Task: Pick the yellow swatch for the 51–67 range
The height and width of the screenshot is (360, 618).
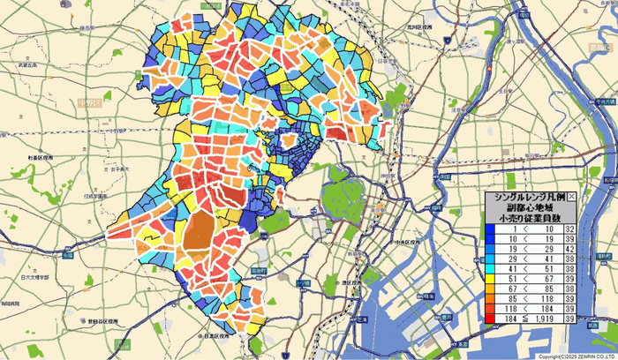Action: pyautogui.click(x=490, y=276)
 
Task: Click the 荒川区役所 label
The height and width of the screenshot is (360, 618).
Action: pyautogui.click(x=418, y=27)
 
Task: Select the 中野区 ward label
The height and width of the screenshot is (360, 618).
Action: pyautogui.click(x=87, y=104)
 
